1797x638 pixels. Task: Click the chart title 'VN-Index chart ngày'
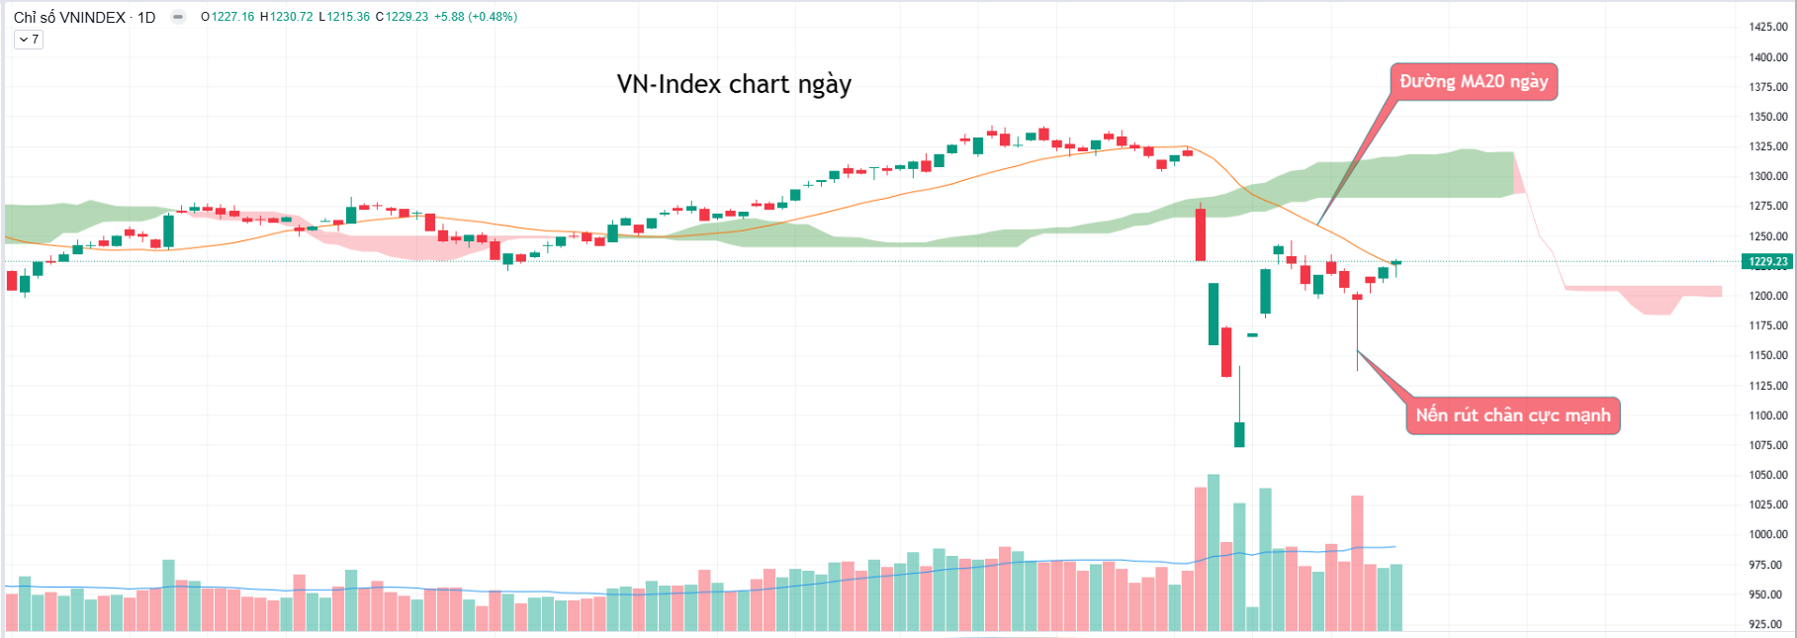tap(734, 84)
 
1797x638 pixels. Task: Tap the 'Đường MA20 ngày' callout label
tap(1474, 81)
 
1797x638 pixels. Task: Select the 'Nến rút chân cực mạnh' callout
tap(1512, 415)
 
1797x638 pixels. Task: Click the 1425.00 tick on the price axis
tap(1768, 27)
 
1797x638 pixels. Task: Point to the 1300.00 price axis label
tap(1768, 176)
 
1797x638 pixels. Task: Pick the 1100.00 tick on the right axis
tap(1768, 415)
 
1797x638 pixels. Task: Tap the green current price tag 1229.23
tap(1767, 262)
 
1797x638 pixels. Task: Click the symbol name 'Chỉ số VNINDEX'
tap(69, 17)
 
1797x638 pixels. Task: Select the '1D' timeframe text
tap(146, 17)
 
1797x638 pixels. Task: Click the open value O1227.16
tap(227, 17)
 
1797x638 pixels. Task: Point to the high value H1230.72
tap(287, 17)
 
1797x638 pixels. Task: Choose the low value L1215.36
tap(344, 17)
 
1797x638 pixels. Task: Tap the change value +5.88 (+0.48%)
tap(476, 17)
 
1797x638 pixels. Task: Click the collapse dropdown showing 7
tap(29, 40)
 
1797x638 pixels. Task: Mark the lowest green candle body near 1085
tap(1239, 434)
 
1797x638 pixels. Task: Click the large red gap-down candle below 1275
tap(1201, 234)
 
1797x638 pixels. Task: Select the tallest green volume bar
tap(1213, 552)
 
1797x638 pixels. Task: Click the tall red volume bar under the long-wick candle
tap(1357, 562)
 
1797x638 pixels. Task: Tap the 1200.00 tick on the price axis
tap(1768, 296)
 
